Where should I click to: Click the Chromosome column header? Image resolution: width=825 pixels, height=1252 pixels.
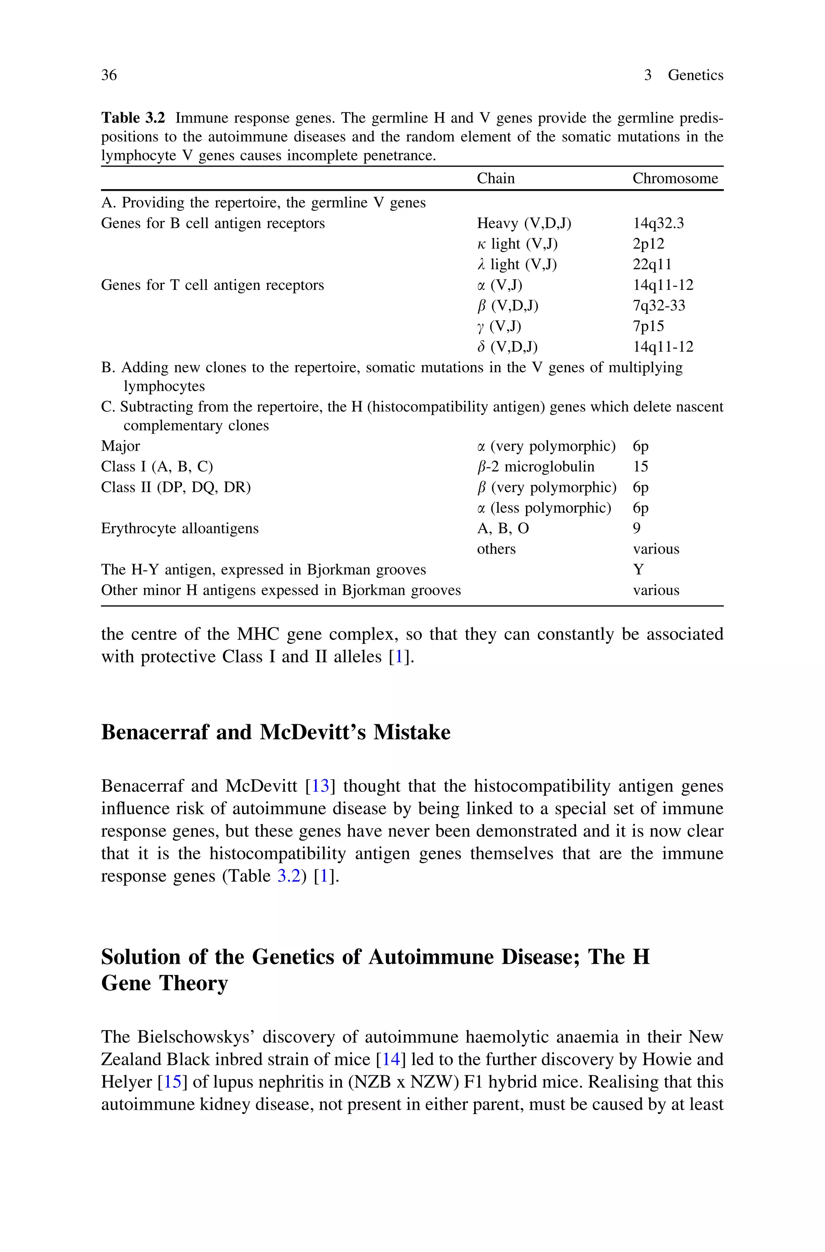click(675, 179)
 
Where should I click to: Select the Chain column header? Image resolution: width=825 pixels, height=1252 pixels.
click(495, 179)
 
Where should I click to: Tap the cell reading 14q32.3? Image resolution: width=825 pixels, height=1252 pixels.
click(658, 223)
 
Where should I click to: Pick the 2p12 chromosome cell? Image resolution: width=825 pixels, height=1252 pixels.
click(648, 244)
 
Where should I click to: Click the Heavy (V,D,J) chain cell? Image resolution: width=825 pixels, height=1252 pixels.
click(524, 223)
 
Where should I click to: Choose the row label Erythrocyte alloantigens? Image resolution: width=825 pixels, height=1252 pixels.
click(180, 528)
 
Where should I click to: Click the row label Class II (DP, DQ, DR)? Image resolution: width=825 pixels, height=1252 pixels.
click(176, 487)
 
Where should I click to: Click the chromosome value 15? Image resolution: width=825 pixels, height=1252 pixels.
click(641, 467)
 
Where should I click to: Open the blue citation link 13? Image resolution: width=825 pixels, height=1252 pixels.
click(320, 786)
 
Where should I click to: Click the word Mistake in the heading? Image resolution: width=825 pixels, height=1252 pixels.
click(412, 732)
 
